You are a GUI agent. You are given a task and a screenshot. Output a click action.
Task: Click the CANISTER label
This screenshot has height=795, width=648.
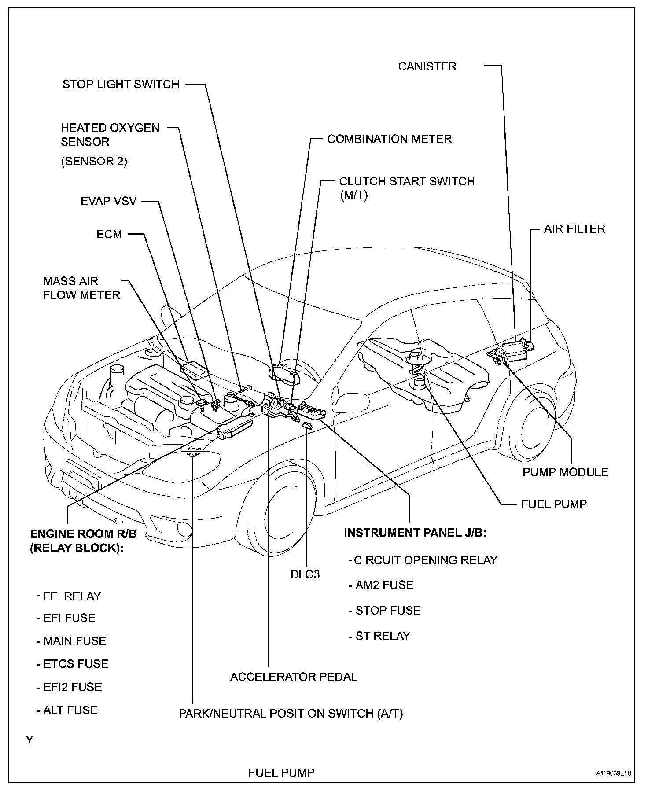coord(427,66)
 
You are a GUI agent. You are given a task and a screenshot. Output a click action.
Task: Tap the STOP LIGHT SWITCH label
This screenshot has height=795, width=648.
coord(121,84)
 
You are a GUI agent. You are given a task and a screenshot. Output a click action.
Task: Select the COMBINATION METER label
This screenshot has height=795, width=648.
coord(389,139)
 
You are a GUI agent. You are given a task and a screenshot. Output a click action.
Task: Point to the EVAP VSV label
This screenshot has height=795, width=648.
coord(109,201)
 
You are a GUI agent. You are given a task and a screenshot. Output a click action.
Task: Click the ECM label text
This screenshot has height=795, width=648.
coord(109,234)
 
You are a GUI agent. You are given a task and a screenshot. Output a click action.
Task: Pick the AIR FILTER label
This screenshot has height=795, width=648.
coord(574,229)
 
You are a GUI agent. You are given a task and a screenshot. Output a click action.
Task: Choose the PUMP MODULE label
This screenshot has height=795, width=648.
coord(565,472)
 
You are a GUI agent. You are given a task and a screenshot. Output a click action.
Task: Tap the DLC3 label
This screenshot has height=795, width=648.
coord(305,574)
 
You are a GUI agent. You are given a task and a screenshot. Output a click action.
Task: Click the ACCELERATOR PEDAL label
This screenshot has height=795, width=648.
coord(294,677)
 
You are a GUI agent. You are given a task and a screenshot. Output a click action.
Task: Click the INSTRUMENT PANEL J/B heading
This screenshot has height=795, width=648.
coord(415,533)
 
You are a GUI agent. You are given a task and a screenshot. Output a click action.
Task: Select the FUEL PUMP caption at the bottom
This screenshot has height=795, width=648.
coord(281,773)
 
